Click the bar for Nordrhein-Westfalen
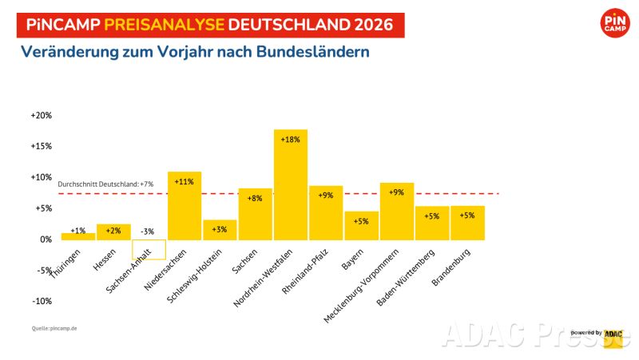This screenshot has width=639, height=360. point(290,184)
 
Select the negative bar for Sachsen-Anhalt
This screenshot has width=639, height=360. point(149,249)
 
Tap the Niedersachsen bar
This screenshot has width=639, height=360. point(184,205)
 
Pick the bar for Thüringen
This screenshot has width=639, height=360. point(77,235)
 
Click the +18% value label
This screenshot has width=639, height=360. point(290,140)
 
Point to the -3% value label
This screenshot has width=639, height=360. point(149,231)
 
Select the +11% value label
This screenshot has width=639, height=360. point(184,182)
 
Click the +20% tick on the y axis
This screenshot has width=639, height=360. point(41,115)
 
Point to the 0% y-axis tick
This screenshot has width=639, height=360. point(46,239)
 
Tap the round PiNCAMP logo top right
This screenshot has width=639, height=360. point(615,22)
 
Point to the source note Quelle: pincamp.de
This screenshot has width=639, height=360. point(55,328)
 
